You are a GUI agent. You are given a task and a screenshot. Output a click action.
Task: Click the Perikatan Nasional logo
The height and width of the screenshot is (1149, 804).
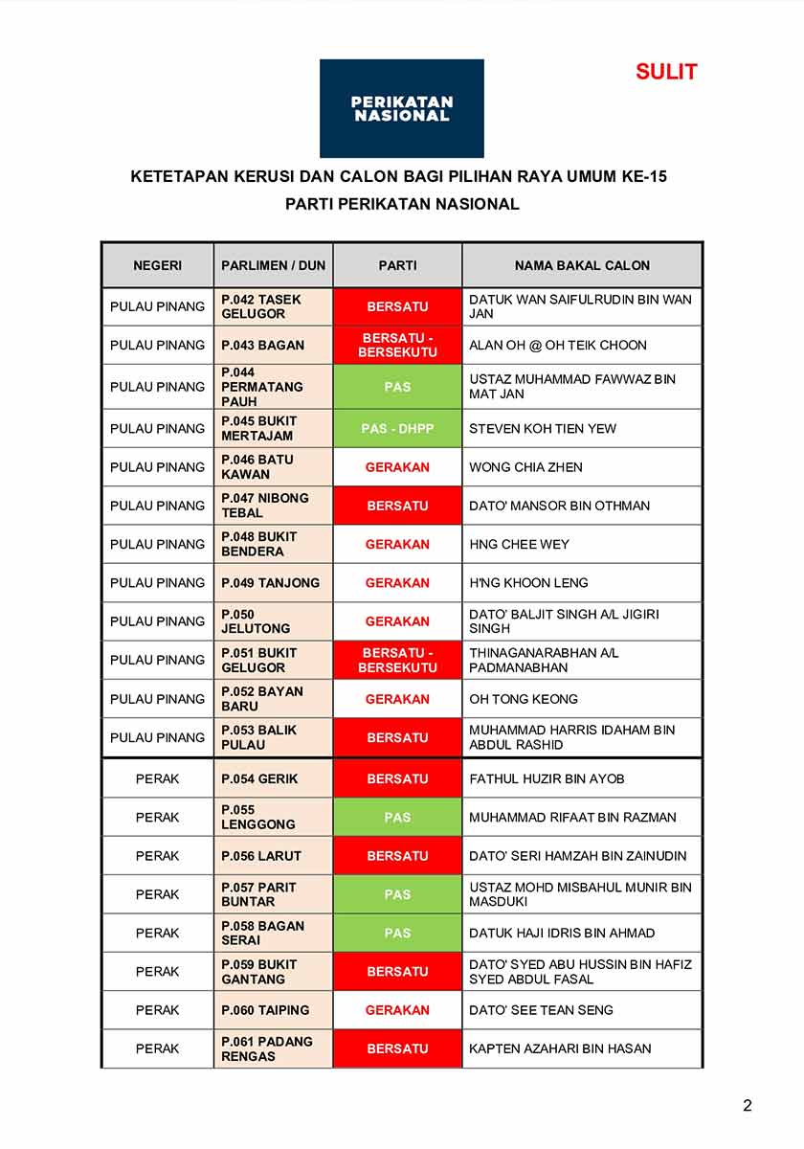pyautogui.click(x=401, y=108)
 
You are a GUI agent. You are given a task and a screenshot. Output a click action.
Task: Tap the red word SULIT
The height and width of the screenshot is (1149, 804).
pyautogui.click(x=666, y=72)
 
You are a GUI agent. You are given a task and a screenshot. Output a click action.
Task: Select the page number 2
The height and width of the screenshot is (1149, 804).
pyautogui.click(x=748, y=1106)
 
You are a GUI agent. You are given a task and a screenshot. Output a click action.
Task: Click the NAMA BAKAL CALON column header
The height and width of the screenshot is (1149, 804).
pyautogui.click(x=582, y=265)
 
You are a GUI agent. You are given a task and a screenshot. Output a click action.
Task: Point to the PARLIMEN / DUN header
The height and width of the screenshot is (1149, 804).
pyautogui.click(x=273, y=265)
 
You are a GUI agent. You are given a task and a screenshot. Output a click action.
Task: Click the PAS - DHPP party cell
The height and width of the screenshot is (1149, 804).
pyautogui.click(x=397, y=428)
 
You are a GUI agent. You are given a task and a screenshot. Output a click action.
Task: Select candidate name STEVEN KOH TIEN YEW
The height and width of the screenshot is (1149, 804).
pyautogui.click(x=543, y=428)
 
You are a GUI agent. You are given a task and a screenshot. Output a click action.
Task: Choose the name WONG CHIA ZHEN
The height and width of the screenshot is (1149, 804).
pyautogui.click(x=525, y=467)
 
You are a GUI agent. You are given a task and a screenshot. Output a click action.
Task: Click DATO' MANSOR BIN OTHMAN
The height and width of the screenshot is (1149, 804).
pyautogui.click(x=559, y=506)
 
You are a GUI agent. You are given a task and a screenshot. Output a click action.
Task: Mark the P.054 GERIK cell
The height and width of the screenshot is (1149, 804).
pyautogui.click(x=259, y=778)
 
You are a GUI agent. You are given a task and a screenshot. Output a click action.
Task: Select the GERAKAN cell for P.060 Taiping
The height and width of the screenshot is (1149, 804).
pyautogui.click(x=397, y=1010)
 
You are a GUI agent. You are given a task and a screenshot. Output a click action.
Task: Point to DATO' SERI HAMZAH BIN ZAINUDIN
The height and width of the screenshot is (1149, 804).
pyautogui.click(x=577, y=856)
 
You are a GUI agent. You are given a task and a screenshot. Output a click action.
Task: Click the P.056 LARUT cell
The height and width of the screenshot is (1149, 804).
pyautogui.click(x=261, y=856)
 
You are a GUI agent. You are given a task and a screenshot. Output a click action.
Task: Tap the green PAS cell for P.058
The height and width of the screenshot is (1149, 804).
pyautogui.click(x=397, y=933)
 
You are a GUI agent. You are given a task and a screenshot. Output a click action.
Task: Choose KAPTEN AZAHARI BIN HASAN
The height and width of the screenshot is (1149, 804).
pyautogui.click(x=560, y=1048)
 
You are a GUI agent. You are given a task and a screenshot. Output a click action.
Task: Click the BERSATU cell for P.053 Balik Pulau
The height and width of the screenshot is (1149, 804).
pyautogui.click(x=397, y=737)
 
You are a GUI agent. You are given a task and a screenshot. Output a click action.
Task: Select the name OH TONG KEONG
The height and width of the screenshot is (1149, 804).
pyautogui.click(x=523, y=699)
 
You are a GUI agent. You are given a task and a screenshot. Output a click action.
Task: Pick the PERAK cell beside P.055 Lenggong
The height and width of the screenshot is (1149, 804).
pyautogui.click(x=157, y=817)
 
